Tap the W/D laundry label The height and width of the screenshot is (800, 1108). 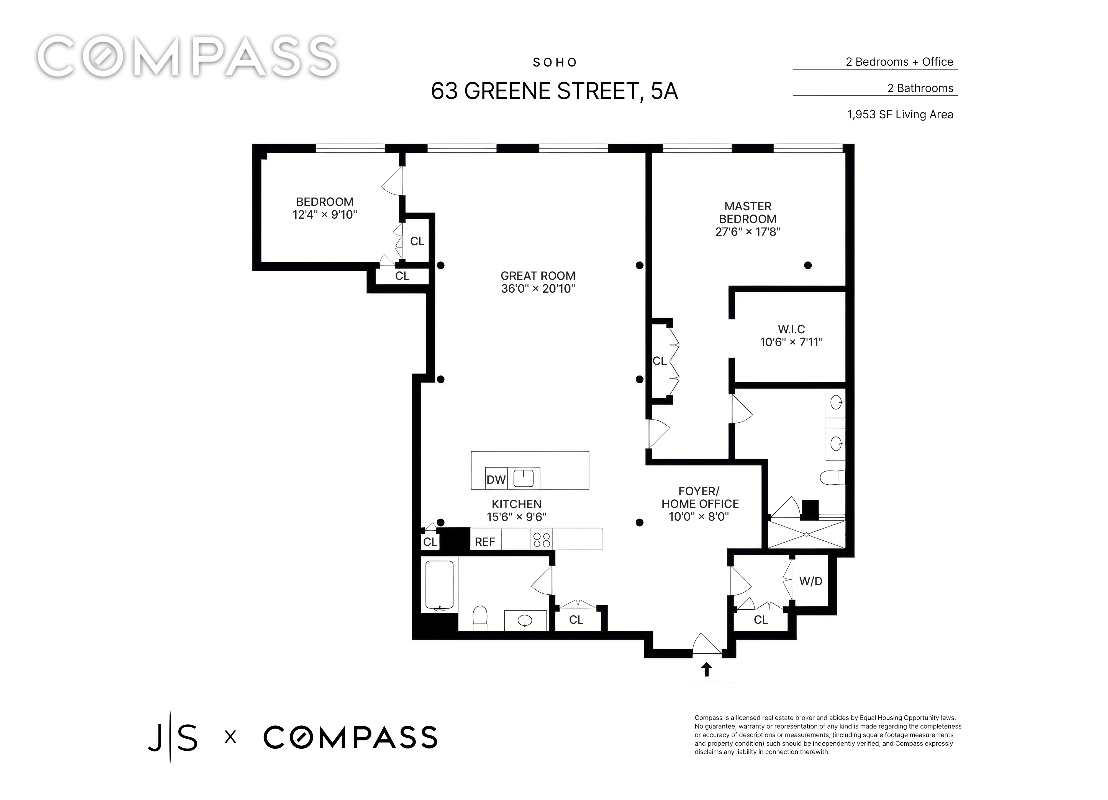(x=811, y=581)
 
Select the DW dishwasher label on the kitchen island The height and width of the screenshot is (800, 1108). (x=496, y=479)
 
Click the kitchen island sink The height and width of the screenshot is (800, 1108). (x=524, y=478)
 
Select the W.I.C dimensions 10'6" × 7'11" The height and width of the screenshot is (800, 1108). (x=791, y=342)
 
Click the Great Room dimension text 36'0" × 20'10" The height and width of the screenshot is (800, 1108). (x=538, y=289)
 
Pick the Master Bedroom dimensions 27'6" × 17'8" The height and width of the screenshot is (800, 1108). (x=748, y=232)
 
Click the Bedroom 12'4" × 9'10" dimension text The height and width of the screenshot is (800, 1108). (x=325, y=214)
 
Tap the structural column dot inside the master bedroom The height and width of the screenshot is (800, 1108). (x=808, y=265)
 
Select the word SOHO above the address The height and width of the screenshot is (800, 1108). (x=555, y=63)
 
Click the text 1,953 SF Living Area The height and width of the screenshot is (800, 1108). (x=900, y=114)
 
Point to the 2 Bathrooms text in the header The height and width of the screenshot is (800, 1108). (x=920, y=88)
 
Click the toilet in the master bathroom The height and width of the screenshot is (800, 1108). (x=832, y=477)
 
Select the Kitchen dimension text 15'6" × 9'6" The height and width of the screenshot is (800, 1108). (x=516, y=517)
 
